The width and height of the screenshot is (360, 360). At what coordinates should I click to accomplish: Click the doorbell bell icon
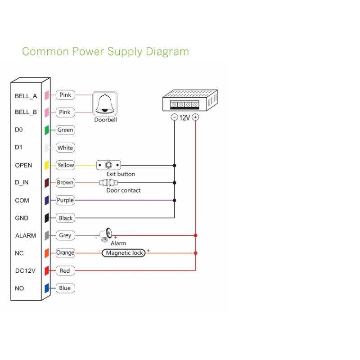click(105, 104)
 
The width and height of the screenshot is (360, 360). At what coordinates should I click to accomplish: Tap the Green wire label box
click(65, 130)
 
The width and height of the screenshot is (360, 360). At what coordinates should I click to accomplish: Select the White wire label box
click(65, 148)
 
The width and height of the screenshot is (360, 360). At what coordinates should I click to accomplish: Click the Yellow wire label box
click(65, 165)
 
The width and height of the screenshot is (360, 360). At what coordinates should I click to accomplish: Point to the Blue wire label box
click(65, 288)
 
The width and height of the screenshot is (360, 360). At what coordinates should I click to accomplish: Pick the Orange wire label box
click(65, 253)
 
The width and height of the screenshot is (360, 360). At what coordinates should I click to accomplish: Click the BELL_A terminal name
click(26, 96)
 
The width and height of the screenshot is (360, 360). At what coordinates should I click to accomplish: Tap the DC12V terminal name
click(25, 271)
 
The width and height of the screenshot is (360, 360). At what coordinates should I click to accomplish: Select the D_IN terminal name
click(22, 183)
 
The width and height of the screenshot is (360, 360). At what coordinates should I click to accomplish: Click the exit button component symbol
click(109, 165)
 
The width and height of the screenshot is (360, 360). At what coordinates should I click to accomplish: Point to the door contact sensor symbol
click(109, 183)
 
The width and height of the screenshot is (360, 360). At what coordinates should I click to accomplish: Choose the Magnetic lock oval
click(125, 253)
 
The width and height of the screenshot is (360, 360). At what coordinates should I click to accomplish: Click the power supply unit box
click(189, 100)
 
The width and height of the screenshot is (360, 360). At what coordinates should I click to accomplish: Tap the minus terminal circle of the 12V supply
click(175, 117)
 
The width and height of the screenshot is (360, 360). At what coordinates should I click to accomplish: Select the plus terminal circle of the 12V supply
click(195, 117)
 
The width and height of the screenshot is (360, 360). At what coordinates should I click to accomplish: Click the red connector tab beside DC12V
click(46, 271)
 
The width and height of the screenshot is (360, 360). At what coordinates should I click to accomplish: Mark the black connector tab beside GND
click(46, 218)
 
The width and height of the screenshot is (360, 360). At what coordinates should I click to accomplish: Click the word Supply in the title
click(125, 52)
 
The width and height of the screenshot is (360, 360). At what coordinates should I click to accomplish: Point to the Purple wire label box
click(65, 200)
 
